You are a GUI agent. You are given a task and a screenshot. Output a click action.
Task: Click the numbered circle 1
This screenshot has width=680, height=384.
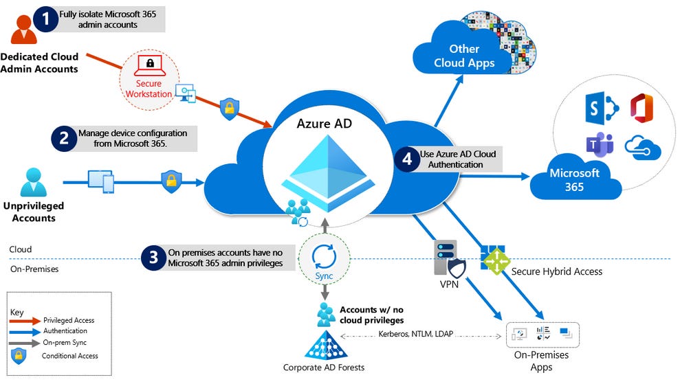[x=46, y=19]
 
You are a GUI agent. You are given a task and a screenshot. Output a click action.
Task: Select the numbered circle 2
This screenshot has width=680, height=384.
[x=63, y=137]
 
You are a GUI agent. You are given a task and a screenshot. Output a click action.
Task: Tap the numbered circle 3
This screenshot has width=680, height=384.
[x=153, y=258]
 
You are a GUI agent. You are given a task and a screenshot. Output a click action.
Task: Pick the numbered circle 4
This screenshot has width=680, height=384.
[x=407, y=159]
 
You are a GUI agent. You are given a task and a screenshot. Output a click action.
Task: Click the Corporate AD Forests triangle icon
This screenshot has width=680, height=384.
[x=325, y=346]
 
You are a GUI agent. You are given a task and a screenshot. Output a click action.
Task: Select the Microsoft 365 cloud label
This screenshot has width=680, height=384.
[x=574, y=179]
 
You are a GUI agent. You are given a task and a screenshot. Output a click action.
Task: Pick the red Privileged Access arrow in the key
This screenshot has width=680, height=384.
[x=25, y=320]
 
